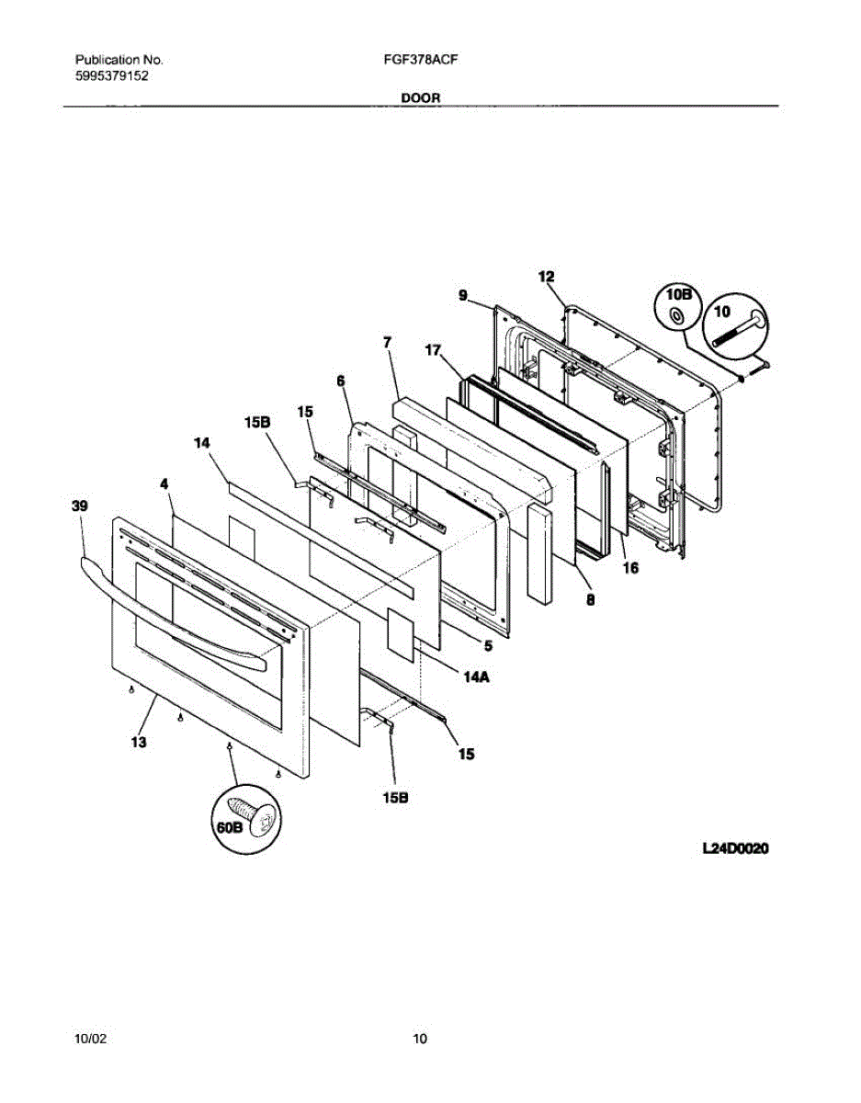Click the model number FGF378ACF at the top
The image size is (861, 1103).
click(x=422, y=60)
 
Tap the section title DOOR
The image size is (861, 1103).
click(x=420, y=97)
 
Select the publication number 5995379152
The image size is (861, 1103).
click(x=111, y=76)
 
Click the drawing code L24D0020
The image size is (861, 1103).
click(x=734, y=850)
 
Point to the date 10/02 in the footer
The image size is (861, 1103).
click(x=91, y=1040)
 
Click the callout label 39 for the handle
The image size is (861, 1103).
click(x=80, y=506)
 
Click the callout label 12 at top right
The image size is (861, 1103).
click(x=546, y=276)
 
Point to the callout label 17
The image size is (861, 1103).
click(x=433, y=350)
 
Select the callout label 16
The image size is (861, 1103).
click(x=630, y=568)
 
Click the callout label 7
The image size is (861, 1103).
click(x=388, y=342)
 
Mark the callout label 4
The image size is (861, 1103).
click(x=164, y=483)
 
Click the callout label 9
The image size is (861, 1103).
click(x=463, y=295)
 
